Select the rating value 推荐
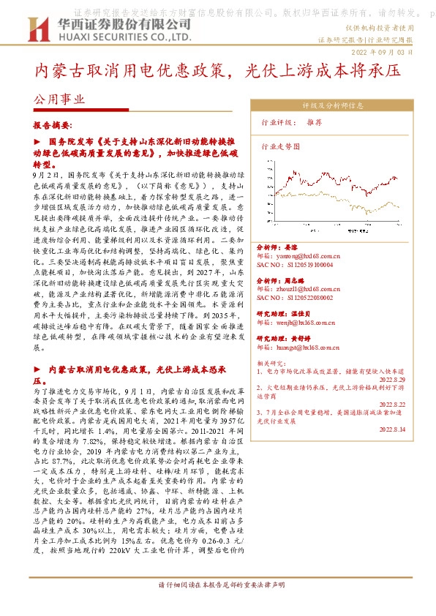click(314, 122)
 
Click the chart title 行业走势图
click(281, 146)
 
